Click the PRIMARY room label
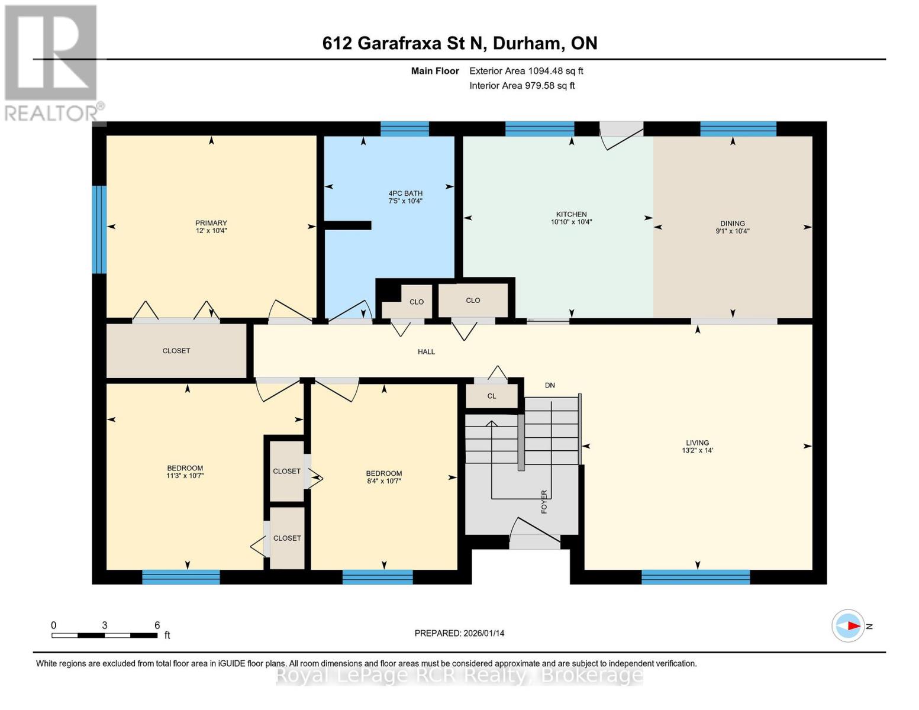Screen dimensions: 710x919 tap(211, 223)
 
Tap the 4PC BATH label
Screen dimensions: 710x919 tap(405, 193)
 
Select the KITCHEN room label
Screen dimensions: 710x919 tap(571, 214)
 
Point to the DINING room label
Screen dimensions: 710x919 tap(733, 224)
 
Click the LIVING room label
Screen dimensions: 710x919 tap(697, 443)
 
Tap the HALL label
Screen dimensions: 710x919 tap(426, 351)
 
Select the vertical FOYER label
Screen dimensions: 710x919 tap(544, 501)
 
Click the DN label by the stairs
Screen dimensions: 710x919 tap(550, 385)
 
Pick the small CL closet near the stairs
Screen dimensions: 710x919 tap(492, 396)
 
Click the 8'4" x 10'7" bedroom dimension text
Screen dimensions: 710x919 tap(384, 481)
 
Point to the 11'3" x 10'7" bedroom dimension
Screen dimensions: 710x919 tap(185, 476)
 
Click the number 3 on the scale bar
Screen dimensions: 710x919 tap(105, 625)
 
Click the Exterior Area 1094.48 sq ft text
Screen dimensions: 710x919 tap(526, 71)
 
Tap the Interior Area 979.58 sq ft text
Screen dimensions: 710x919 tap(522, 86)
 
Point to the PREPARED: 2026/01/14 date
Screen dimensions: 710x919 tap(459, 633)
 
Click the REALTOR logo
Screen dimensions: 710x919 tap(52, 62)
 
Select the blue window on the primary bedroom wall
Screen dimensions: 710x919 tap(99, 230)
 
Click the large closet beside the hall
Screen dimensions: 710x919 tap(176, 351)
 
